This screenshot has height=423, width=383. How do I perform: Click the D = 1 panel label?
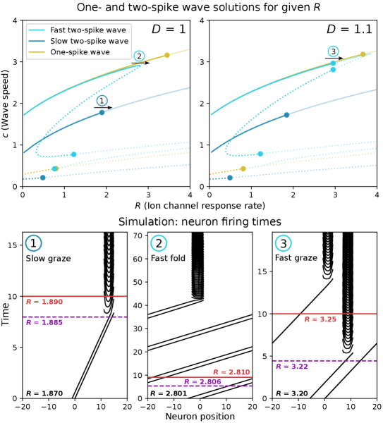[169, 29]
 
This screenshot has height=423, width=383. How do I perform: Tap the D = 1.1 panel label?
[350, 29]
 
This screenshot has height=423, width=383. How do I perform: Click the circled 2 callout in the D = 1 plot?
[139, 56]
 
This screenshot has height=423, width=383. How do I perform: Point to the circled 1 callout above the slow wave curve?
[102, 101]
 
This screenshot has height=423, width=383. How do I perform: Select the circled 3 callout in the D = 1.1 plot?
[334, 51]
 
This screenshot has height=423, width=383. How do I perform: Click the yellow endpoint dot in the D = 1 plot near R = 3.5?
[167, 55]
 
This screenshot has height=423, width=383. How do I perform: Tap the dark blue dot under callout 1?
[102, 113]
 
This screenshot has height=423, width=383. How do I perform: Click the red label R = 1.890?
[44, 302]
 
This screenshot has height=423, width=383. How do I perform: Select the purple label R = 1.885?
[44, 323]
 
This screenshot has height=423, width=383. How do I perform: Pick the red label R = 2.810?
[231, 372]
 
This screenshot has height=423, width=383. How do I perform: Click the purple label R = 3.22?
[292, 367]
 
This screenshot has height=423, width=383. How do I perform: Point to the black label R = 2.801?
[169, 393]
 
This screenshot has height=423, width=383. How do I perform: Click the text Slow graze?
[48, 259]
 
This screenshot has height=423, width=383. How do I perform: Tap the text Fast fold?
[168, 258]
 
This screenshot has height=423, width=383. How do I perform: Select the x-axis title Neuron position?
[200, 416]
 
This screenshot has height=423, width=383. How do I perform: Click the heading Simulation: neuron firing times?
[200, 222]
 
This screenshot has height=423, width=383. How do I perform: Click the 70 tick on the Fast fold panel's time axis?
[138, 235]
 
